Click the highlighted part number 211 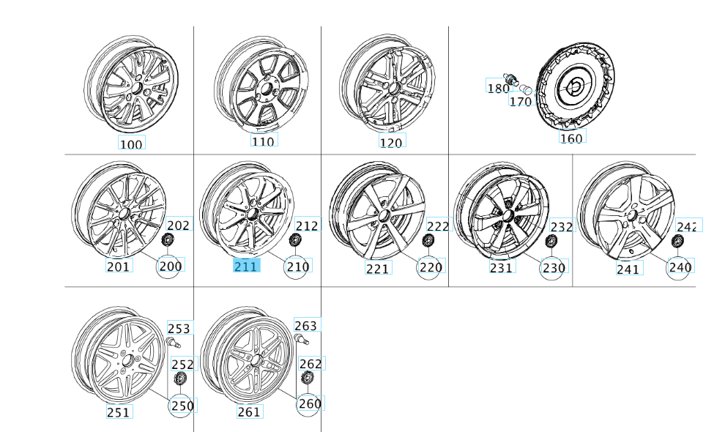(245, 267)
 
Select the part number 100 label (131, 144)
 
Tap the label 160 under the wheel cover (572, 137)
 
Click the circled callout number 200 (170, 267)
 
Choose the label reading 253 (179, 328)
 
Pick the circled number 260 (308, 403)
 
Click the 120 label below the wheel (391, 141)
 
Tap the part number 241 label (628, 269)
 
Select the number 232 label (562, 227)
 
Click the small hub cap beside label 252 (180, 379)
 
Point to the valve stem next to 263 (302, 339)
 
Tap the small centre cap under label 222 (429, 242)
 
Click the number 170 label (520, 102)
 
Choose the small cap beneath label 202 (168, 242)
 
